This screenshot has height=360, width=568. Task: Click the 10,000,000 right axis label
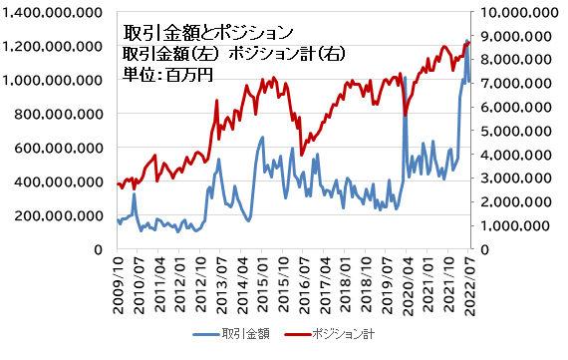pos(518,13)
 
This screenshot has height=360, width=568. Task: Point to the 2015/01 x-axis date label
pos(262,283)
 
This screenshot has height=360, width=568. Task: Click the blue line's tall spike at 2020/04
pos(405,78)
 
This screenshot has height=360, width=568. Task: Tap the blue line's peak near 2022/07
pos(466,41)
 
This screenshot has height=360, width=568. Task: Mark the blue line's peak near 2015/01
pos(262,138)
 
